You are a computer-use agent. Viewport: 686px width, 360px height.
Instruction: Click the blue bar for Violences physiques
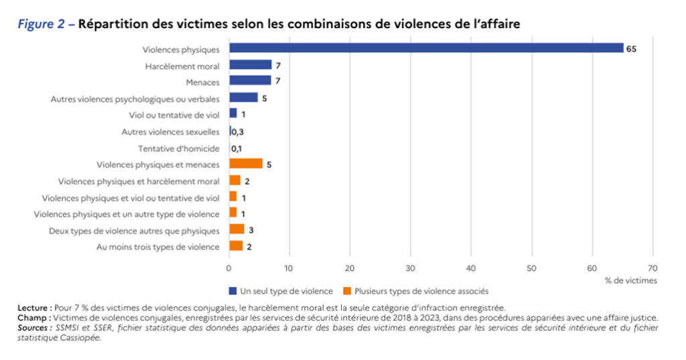(x=426, y=48)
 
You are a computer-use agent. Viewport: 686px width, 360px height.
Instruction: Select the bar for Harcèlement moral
(x=250, y=65)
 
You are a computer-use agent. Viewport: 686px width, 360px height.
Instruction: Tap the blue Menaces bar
(x=250, y=81)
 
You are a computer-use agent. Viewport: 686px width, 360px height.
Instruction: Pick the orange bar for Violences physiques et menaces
(x=245, y=164)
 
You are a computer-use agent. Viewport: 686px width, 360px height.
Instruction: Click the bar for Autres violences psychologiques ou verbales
(x=243, y=98)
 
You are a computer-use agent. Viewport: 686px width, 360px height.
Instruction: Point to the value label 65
(x=631, y=49)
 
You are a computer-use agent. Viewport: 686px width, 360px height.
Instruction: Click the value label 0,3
(x=237, y=131)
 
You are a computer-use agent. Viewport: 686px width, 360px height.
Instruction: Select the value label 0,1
(x=236, y=148)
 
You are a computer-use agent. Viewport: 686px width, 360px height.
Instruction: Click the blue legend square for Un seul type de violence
(x=232, y=291)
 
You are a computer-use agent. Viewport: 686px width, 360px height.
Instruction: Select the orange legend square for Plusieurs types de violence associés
(x=347, y=291)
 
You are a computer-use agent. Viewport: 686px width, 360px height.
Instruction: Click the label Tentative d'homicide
(x=178, y=148)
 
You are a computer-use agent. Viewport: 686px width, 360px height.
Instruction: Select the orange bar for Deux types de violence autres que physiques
(x=236, y=230)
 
